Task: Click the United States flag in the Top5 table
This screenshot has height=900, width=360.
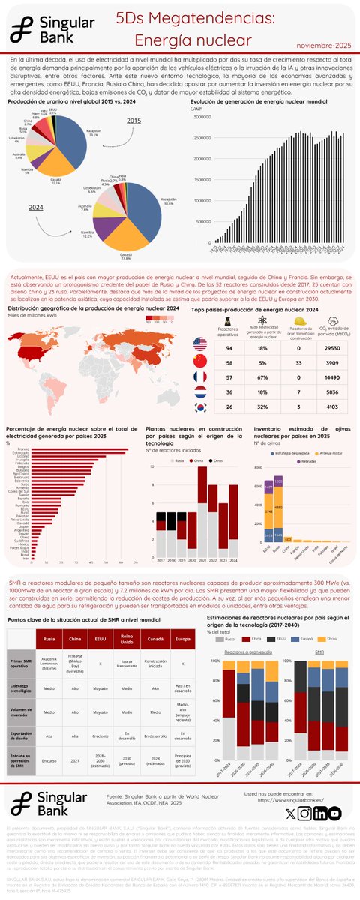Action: tap(199, 343)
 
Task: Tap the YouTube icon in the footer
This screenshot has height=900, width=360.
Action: tap(334, 813)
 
